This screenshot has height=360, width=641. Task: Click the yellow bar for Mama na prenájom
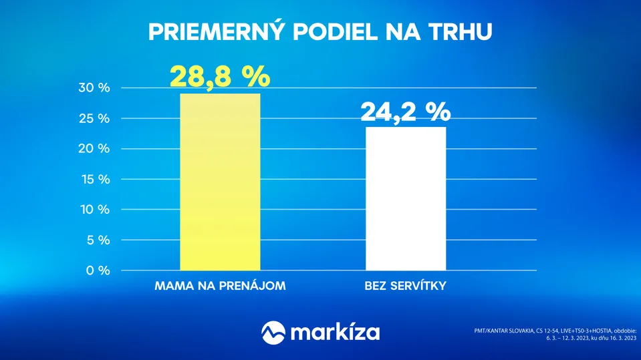(x=220, y=182)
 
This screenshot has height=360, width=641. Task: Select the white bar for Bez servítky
(x=406, y=198)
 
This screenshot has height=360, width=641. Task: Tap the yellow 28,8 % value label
(x=220, y=76)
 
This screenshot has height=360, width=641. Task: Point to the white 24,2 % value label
(x=406, y=112)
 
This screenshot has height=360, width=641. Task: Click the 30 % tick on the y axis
(x=94, y=87)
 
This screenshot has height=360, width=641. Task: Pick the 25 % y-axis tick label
(x=94, y=118)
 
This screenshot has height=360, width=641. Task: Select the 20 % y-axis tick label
(x=94, y=149)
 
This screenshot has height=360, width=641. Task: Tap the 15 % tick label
(x=96, y=179)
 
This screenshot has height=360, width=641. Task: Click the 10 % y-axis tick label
(x=95, y=210)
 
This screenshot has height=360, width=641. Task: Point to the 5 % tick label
(x=98, y=240)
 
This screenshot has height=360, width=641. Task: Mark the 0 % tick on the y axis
(x=98, y=271)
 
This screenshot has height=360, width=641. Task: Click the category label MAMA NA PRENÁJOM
(x=220, y=286)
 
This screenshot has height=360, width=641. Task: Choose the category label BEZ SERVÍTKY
(x=405, y=286)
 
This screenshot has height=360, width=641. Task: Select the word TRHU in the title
(x=461, y=32)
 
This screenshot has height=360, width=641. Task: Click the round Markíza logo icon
(x=273, y=333)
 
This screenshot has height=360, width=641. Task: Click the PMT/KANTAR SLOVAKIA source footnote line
(x=555, y=331)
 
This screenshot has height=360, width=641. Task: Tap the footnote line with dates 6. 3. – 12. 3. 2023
(x=591, y=338)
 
